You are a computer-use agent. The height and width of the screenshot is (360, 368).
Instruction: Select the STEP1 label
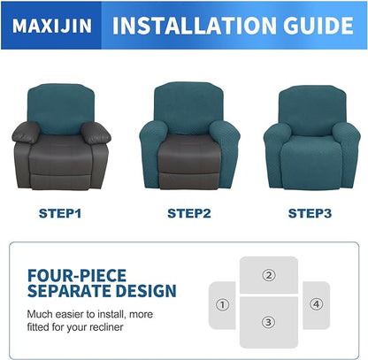click(61, 212)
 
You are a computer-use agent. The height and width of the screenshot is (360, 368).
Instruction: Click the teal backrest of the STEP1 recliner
click(62, 104)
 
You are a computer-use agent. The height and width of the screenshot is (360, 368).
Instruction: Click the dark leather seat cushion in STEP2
click(183, 146)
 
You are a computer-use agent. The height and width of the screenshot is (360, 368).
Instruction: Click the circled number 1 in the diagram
click(222, 305)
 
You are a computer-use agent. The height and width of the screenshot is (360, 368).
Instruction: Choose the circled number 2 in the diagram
click(268, 274)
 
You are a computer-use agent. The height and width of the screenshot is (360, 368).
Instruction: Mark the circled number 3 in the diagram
click(268, 321)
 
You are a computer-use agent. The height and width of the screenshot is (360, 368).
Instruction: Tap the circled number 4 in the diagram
click(316, 304)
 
